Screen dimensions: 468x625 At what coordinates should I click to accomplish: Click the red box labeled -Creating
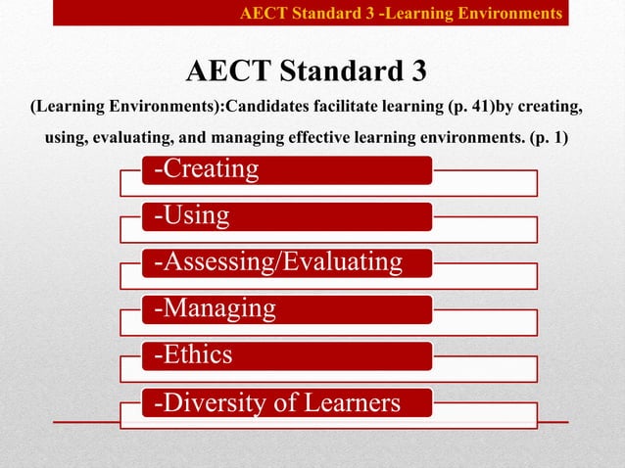(x=285, y=169)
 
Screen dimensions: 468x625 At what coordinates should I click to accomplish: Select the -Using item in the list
(x=285, y=215)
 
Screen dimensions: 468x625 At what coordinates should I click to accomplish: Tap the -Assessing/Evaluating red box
(x=285, y=262)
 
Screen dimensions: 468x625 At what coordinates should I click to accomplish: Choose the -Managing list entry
(x=285, y=309)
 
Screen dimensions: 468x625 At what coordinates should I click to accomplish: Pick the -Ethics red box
(x=285, y=355)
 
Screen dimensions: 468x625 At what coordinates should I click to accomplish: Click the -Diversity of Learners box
(x=285, y=402)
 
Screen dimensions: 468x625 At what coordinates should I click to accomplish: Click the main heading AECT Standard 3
(x=307, y=72)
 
